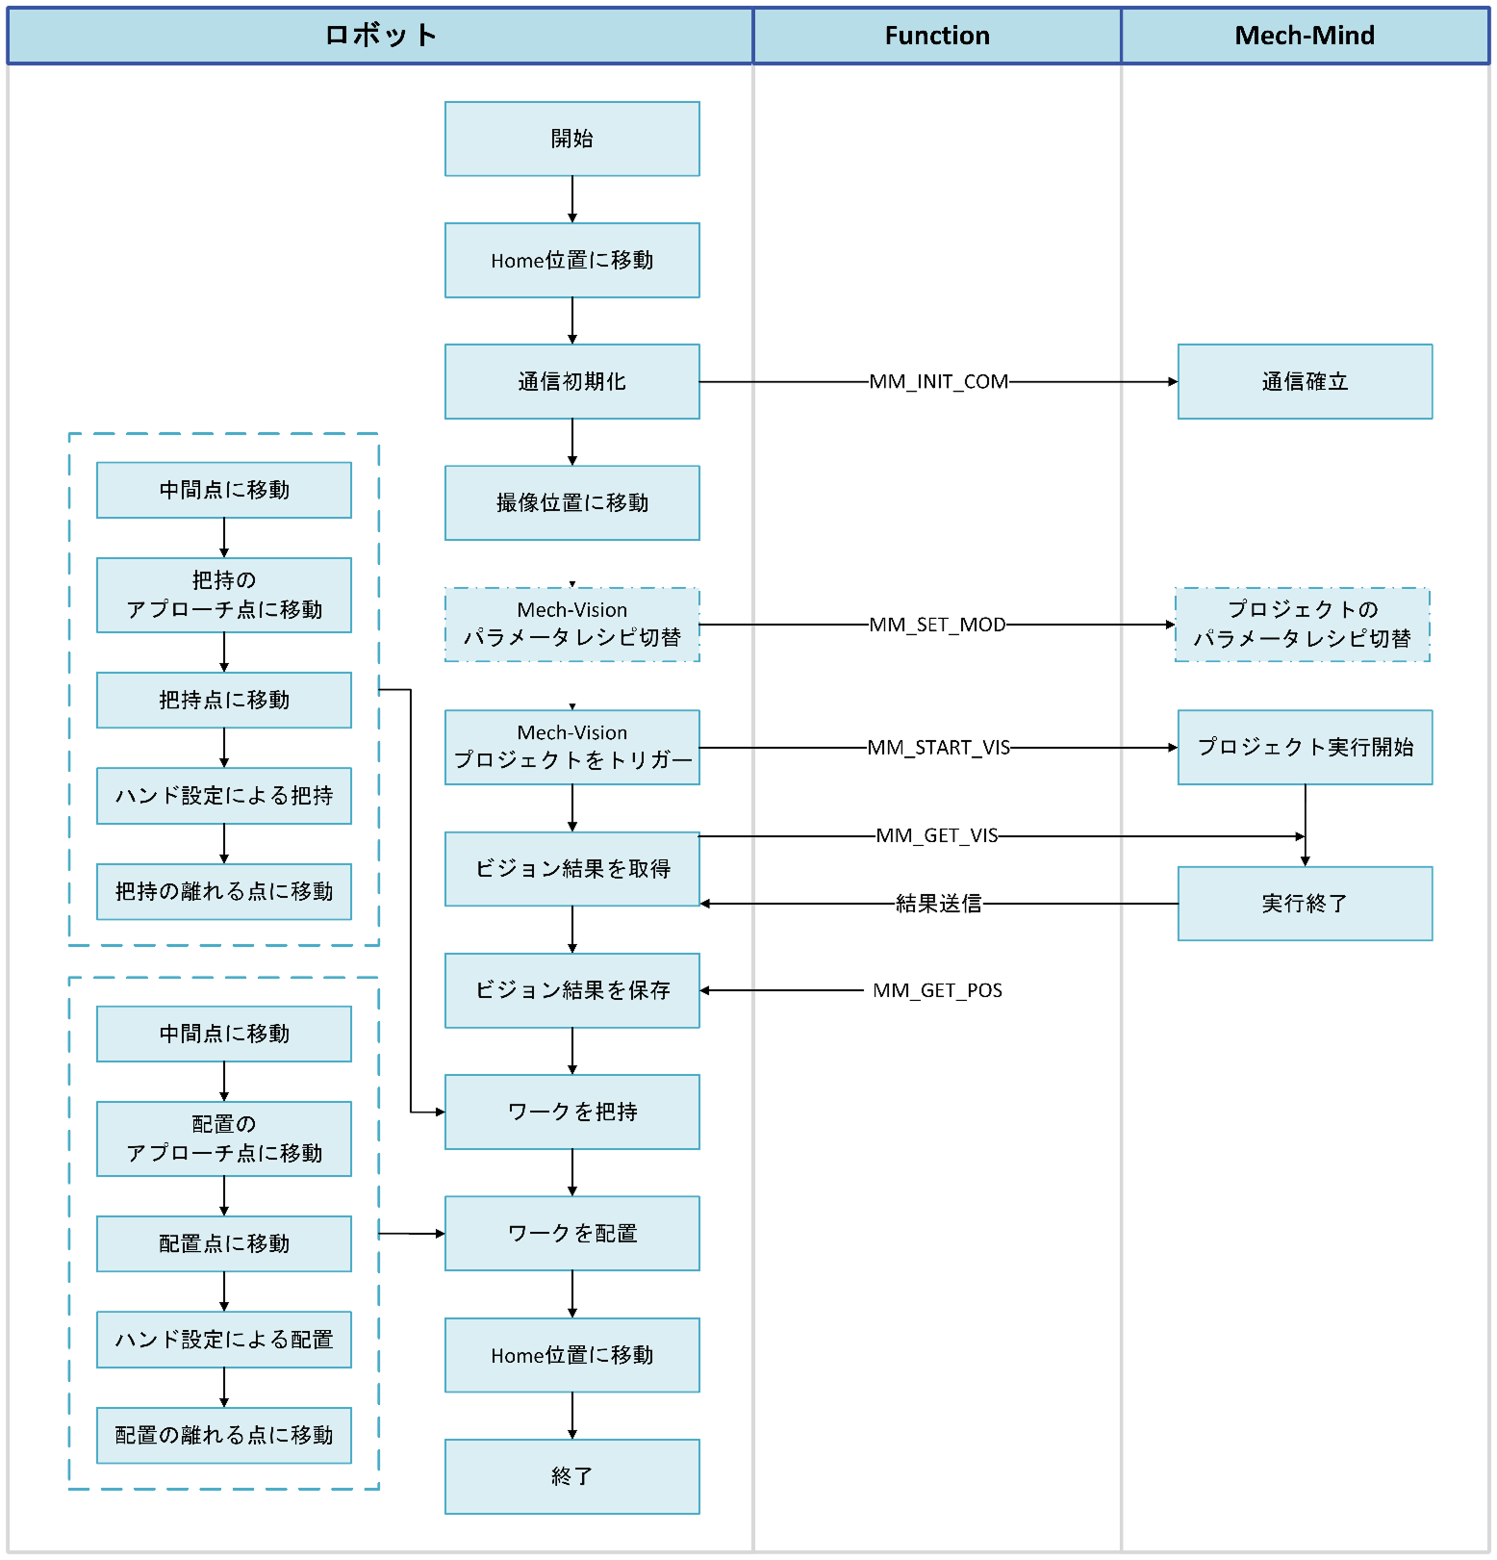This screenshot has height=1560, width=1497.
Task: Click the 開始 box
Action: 571,139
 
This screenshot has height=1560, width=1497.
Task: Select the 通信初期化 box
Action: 571,382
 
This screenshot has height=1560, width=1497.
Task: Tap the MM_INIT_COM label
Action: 938,382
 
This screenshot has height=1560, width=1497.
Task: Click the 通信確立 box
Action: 1305,382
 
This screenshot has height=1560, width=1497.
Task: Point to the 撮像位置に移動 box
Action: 571,503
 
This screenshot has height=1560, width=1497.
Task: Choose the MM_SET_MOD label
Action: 937,625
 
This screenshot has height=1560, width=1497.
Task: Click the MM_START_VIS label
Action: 938,748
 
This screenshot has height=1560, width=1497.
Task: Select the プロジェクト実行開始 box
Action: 1305,748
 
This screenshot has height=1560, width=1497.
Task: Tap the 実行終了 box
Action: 1305,904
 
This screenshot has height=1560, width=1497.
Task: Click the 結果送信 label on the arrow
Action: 938,904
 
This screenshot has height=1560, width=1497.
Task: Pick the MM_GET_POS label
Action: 937,990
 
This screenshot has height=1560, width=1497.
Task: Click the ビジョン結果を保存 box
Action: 571,990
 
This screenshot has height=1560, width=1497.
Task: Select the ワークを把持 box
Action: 571,1112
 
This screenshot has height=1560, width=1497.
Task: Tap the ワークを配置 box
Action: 571,1234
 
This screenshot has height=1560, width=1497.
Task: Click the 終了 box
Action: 571,1476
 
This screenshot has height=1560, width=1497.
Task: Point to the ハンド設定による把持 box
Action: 223,796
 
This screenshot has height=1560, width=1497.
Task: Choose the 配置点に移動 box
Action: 223,1244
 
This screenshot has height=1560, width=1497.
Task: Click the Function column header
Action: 937,36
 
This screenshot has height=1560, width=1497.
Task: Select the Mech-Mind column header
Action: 1305,36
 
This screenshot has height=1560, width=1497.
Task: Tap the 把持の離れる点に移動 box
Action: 223,892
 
